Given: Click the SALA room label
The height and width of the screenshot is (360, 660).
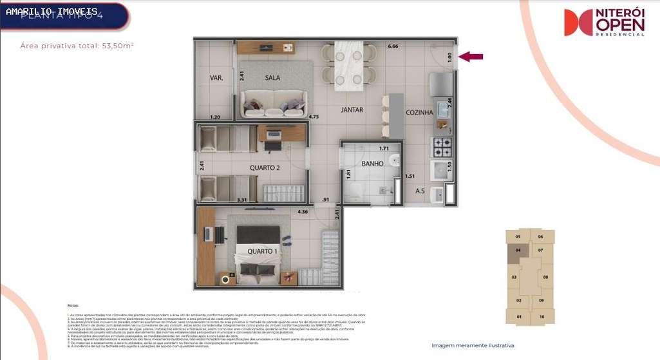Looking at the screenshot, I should click(x=272, y=77).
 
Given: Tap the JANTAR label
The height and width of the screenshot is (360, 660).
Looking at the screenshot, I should click(x=352, y=110).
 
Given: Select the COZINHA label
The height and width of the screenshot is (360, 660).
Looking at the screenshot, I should click(x=419, y=113).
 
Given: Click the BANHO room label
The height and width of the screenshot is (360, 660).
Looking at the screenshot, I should click(x=372, y=164).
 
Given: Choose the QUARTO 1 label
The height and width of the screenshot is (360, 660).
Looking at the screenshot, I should click(x=263, y=251).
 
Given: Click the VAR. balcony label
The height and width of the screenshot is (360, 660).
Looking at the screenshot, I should click(x=216, y=78).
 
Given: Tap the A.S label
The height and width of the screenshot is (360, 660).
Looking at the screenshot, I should click(x=420, y=191).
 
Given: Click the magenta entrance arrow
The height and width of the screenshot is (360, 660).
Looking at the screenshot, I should click(x=471, y=57).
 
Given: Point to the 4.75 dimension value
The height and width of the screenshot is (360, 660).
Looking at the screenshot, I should click(x=314, y=117).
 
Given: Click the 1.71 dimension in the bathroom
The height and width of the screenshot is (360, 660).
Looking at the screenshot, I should click(x=384, y=149).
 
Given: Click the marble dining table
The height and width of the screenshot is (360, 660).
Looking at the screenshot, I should click(x=348, y=64).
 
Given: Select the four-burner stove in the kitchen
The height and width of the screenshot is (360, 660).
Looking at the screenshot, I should click(x=442, y=147).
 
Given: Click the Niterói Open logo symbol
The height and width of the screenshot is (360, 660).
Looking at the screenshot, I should click(x=578, y=23).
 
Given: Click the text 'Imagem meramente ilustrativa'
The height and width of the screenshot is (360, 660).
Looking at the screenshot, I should click(x=473, y=346).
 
